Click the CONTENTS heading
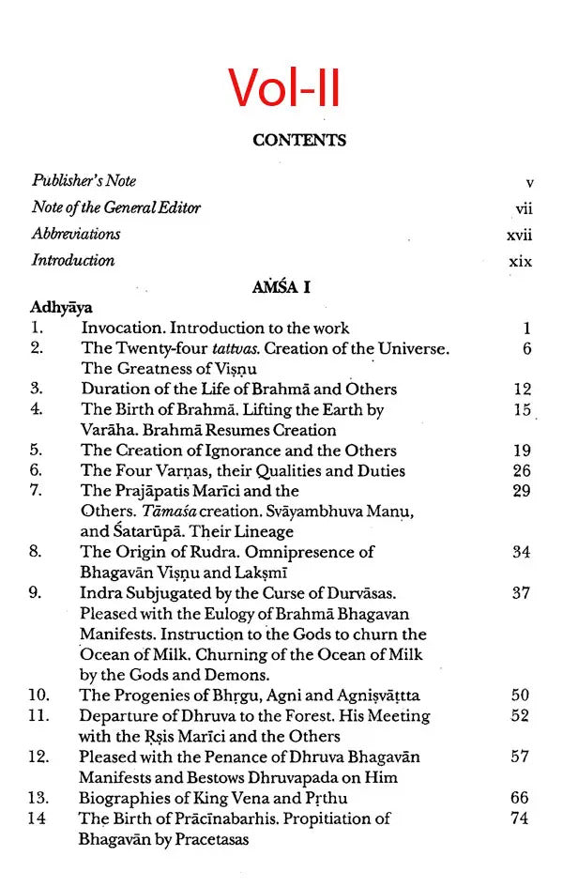[x=299, y=141]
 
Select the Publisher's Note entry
[x=84, y=181]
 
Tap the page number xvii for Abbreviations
[x=519, y=235]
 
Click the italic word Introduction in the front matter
[x=73, y=261]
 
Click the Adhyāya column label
[x=60, y=307]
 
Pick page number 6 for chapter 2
[x=527, y=349]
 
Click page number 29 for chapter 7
[x=522, y=491]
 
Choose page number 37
[x=522, y=593]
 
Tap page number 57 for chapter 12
[x=522, y=757]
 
